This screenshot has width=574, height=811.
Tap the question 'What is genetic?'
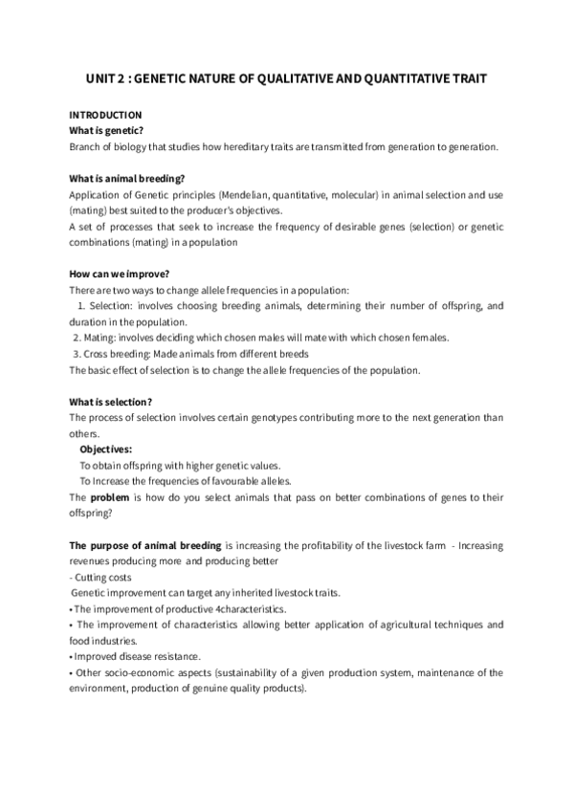tap(105, 130)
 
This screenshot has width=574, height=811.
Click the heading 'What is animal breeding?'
tap(121, 177)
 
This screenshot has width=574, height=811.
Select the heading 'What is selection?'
tap(111, 401)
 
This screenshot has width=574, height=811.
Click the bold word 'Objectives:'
tap(106, 449)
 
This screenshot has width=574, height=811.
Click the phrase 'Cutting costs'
tap(103, 577)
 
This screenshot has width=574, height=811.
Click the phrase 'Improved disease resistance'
tap(137, 656)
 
